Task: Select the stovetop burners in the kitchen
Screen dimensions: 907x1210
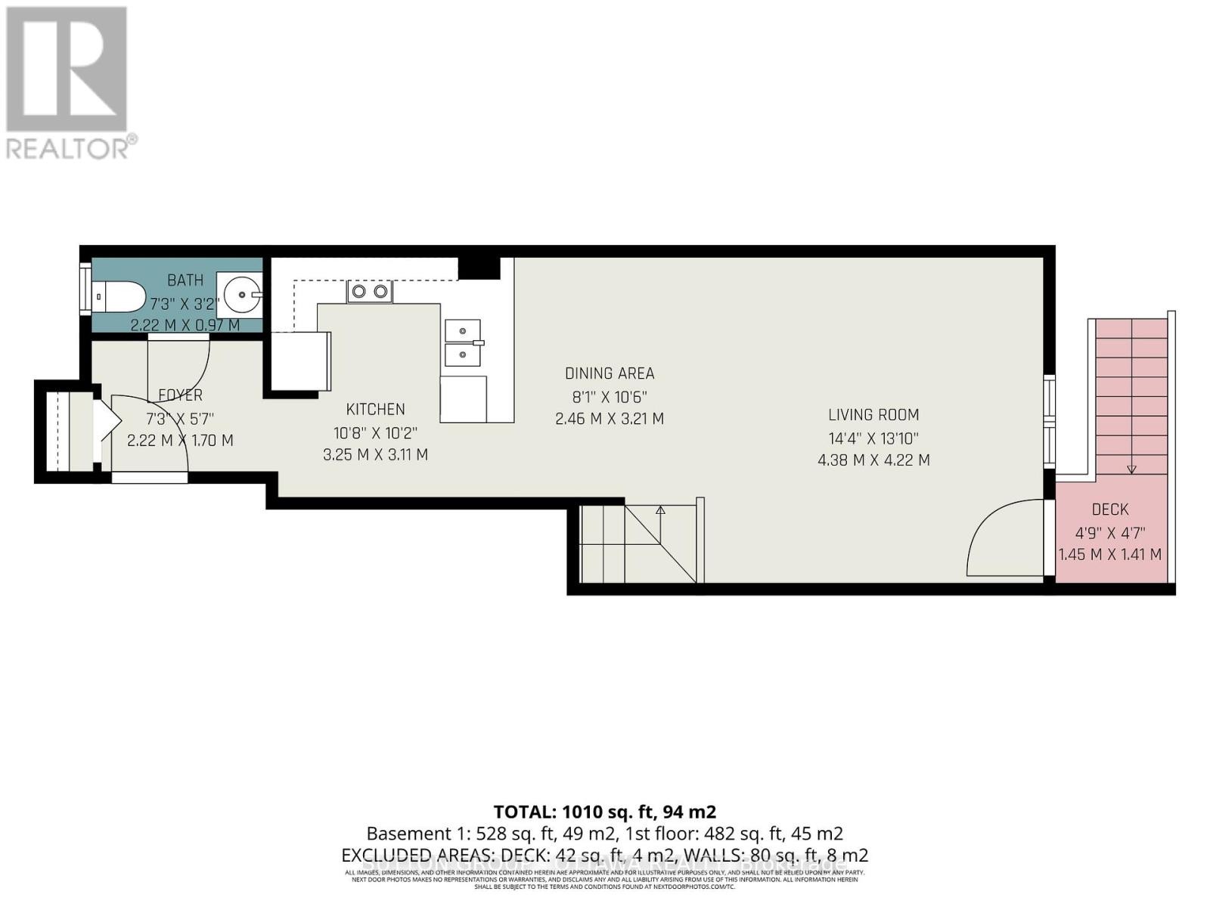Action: (x=370, y=291)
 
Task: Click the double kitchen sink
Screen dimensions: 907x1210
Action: (x=463, y=342)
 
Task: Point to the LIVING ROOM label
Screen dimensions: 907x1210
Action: (x=873, y=414)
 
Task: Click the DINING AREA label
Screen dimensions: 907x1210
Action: (x=610, y=373)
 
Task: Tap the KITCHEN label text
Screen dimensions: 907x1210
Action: (x=375, y=409)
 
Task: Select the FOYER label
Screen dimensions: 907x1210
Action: (x=180, y=395)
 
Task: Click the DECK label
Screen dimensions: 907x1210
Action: (x=1109, y=509)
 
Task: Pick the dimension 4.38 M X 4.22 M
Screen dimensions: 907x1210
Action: (x=873, y=460)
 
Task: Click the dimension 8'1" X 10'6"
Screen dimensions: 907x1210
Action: (x=610, y=397)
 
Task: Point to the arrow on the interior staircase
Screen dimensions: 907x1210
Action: (x=660, y=511)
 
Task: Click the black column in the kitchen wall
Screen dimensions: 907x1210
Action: (x=479, y=268)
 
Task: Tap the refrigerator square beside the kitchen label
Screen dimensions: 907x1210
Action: (x=300, y=361)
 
